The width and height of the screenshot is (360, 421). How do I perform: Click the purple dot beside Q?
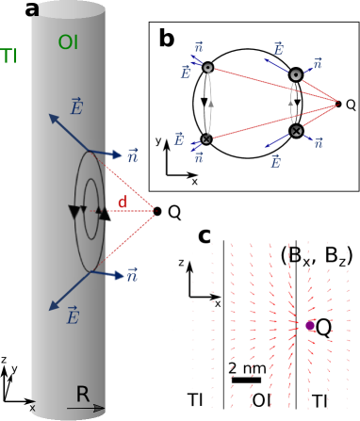click(x=310, y=325)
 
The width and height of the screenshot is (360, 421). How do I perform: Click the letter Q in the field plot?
click(x=323, y=328)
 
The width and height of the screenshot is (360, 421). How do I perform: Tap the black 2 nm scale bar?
click(x=246, y=380)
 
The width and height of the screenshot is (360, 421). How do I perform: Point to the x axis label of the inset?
click(x=218, y=303)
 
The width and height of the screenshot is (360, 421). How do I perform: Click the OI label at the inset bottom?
click(x=261, y=400)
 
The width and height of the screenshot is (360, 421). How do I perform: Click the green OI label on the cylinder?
click(x=69, y=41)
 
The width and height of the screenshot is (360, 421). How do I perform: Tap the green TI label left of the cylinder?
click(x=9, y=56)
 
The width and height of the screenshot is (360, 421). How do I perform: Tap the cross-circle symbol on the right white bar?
click(x=296, y=130)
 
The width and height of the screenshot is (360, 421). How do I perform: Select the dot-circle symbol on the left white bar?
click(x=207, y=68)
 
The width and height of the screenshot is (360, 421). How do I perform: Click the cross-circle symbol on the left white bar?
click(x=206, y=138)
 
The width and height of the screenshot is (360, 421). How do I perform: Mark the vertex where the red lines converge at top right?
click(x=339, y=100)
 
